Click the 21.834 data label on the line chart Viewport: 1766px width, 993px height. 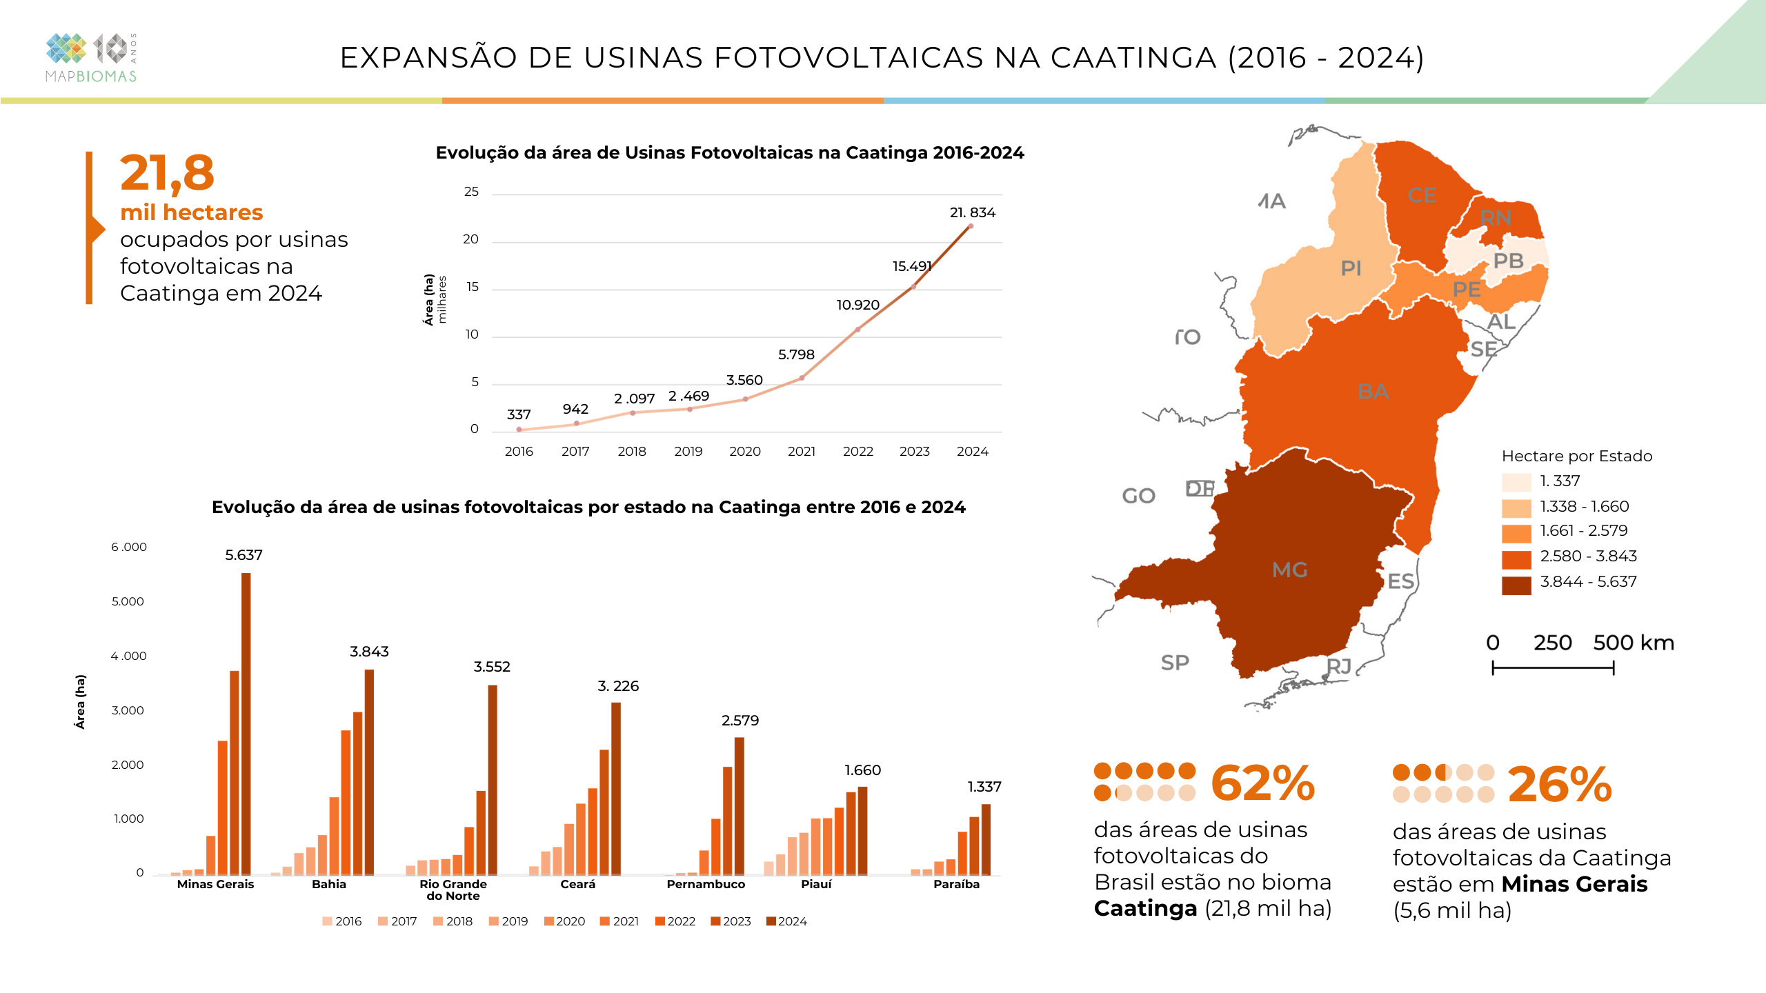[x=972, y=212]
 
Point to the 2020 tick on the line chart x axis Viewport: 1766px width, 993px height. [x=744, y=451]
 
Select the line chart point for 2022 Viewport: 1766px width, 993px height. [x=857, y=330]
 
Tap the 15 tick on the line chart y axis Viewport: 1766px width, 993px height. [x=472, y=287]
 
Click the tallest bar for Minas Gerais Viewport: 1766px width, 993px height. [x=246, y=724]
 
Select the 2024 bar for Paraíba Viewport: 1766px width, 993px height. [x=986, y=839]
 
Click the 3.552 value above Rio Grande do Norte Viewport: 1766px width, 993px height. [x=491, y=666]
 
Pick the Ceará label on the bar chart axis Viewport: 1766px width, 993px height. [x=577, y=884]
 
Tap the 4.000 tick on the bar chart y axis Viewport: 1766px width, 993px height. [x=129, y=656]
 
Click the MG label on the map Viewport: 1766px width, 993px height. [x=1289, y=570]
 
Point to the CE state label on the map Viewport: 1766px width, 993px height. [x=1422, y=195]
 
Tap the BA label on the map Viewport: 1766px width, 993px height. [x=1373, y=392]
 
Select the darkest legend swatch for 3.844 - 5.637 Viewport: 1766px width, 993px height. [x=1516, y=584]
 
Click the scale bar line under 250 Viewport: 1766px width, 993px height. [x=1553, y=668]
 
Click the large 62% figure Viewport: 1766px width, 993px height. [x=1262, y=784]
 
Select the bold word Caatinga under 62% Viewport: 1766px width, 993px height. [x=1145, y=908]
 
